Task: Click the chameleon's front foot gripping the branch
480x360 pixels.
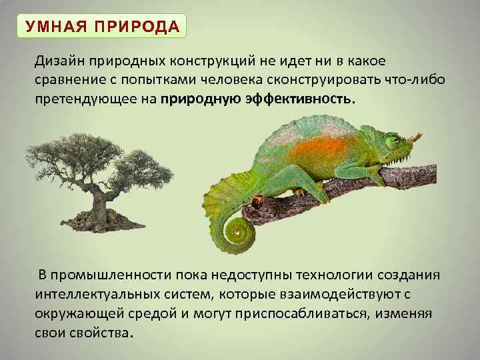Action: pyautogui.click(x=377, y=175)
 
